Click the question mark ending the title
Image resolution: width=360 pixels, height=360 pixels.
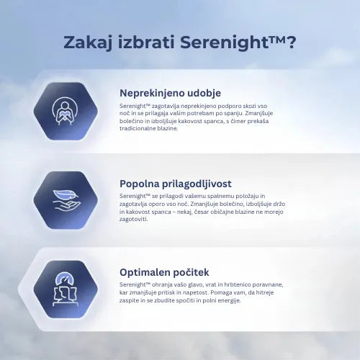[290, 42]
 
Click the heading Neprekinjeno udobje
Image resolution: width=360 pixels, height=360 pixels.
[170, 93]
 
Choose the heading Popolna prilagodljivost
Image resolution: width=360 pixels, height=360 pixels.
[176, 183]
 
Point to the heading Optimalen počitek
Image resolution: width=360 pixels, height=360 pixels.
[164, 272]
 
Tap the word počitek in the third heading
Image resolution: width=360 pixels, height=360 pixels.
[188, 272]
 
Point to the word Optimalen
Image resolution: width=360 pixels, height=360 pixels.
[143, 272]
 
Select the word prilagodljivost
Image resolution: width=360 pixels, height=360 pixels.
[199, 183]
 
